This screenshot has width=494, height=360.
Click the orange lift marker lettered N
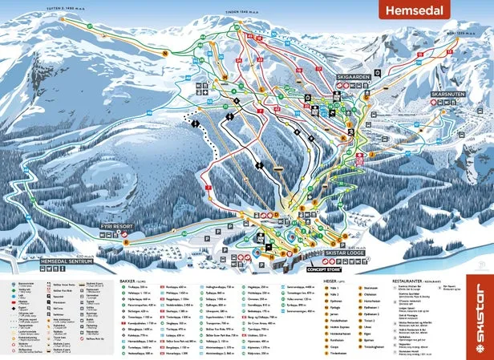(164, 54)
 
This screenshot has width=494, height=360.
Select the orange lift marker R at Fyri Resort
(124, 238)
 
